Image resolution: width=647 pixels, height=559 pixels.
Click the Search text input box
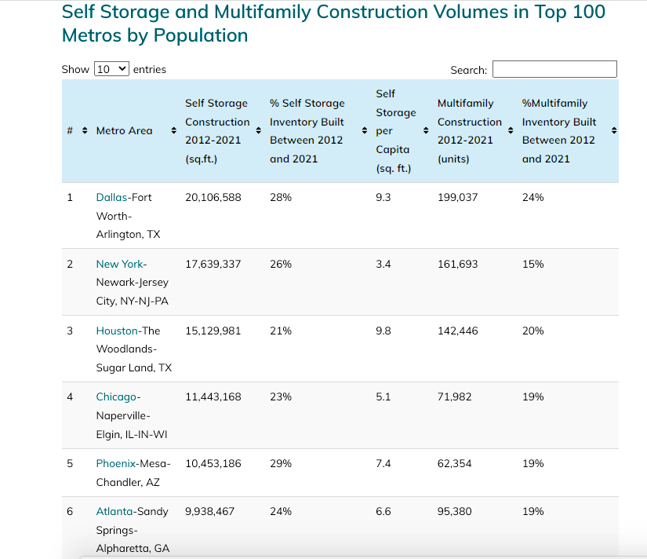click(x=554, y=69)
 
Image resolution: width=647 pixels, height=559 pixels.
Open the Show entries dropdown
click(x=111, y=69)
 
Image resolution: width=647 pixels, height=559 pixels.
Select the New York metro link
click(x=119, y=264)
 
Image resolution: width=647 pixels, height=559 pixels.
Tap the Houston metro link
click(x=118, y=331)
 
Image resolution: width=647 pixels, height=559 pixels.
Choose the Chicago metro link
click(x=116, y=396)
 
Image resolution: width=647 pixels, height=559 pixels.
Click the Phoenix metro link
click(x=116, y=463)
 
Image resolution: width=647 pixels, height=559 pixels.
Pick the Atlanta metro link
click(x=114, y=511)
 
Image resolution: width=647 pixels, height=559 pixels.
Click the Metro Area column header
click(x=124, y=130)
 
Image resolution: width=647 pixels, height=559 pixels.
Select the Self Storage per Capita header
click(x=395, y=131)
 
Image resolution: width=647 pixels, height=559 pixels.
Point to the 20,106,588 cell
click(x=213, y=197)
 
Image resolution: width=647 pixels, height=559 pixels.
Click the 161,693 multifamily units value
click(x=457, y=264)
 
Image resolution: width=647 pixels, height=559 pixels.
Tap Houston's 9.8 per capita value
click(x=383, y=331)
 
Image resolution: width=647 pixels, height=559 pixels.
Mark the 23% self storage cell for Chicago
click(x=280, y=396)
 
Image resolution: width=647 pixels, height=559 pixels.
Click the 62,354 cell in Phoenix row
click(x=454, y=463)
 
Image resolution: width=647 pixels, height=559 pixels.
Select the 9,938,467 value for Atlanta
click(x=209, y=511)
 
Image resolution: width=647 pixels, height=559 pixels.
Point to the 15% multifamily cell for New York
click(x=533, y=264)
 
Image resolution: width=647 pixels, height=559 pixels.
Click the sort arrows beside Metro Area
click(x=173, y=130)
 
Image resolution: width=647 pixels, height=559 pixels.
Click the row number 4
click(x=70, y=396)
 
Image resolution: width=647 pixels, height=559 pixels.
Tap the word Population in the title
click(x=202, y=35)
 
